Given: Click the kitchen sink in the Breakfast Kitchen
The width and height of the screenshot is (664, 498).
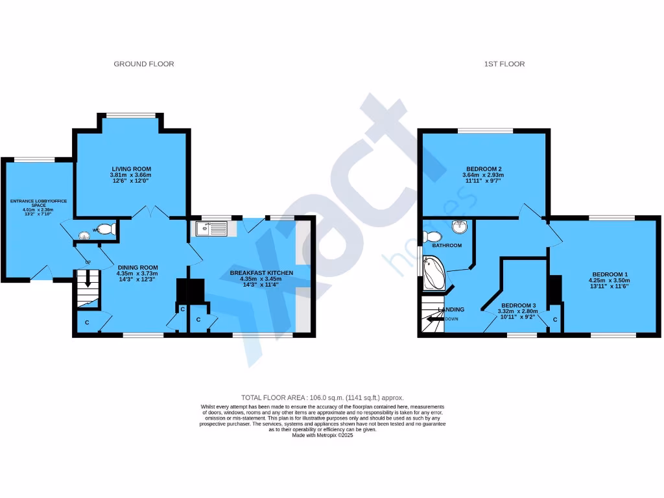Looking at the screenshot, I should click(x=209, y=229).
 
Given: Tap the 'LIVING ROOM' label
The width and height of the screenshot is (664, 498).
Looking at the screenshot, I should click(x=132, y=169).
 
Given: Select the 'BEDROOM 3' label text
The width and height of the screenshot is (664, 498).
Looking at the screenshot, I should click(x=519, y=305).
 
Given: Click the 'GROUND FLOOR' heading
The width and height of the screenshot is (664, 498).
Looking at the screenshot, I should click(x=144, y=64).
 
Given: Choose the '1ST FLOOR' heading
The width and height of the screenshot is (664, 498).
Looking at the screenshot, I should click(x=504, y=64).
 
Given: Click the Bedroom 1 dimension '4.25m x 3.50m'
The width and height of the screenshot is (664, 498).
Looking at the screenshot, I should click(x=608, y=280).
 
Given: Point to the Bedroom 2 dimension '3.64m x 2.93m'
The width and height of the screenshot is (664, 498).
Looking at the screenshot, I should click(x=483, y=175).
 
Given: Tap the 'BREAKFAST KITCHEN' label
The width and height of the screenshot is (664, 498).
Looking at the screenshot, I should click(x=261, y=273).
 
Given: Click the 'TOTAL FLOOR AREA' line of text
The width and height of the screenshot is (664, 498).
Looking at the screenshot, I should click(x=322, y=397).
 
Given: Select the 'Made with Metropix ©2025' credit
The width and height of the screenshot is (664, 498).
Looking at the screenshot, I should click(x=322, y=435).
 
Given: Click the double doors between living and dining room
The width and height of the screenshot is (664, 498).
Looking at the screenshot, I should click(x=153, y=212).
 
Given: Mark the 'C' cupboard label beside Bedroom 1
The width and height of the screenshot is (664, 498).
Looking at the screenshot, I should click(x=556, y=320).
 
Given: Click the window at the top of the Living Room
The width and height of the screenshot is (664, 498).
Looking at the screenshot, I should click(x=132, y=116).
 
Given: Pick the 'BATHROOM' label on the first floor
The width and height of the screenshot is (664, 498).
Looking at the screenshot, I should click(x=447, y=246).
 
